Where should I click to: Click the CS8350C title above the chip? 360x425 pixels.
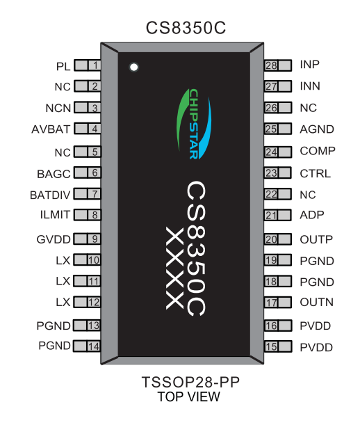pos(186,28)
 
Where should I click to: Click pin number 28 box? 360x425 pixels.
pos(271,65)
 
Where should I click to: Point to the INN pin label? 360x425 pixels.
pos(309,87)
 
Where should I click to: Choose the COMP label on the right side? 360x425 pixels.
pos(317,151)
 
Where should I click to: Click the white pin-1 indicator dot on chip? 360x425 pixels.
pos(134,67)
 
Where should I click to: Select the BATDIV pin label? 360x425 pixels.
pos(47,194)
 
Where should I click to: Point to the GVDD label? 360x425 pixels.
pos(54,240)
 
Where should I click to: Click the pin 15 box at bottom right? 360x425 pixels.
pos(271,346)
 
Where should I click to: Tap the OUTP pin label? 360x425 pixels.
pos(316,240)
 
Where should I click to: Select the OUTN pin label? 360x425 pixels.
pos(316,303)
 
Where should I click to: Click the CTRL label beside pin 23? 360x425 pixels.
pos(316,173)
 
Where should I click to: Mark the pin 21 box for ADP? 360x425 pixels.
pos(271,216)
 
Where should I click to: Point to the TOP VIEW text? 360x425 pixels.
pos(188,397)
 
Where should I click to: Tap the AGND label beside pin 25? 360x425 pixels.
pos(317,129)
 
